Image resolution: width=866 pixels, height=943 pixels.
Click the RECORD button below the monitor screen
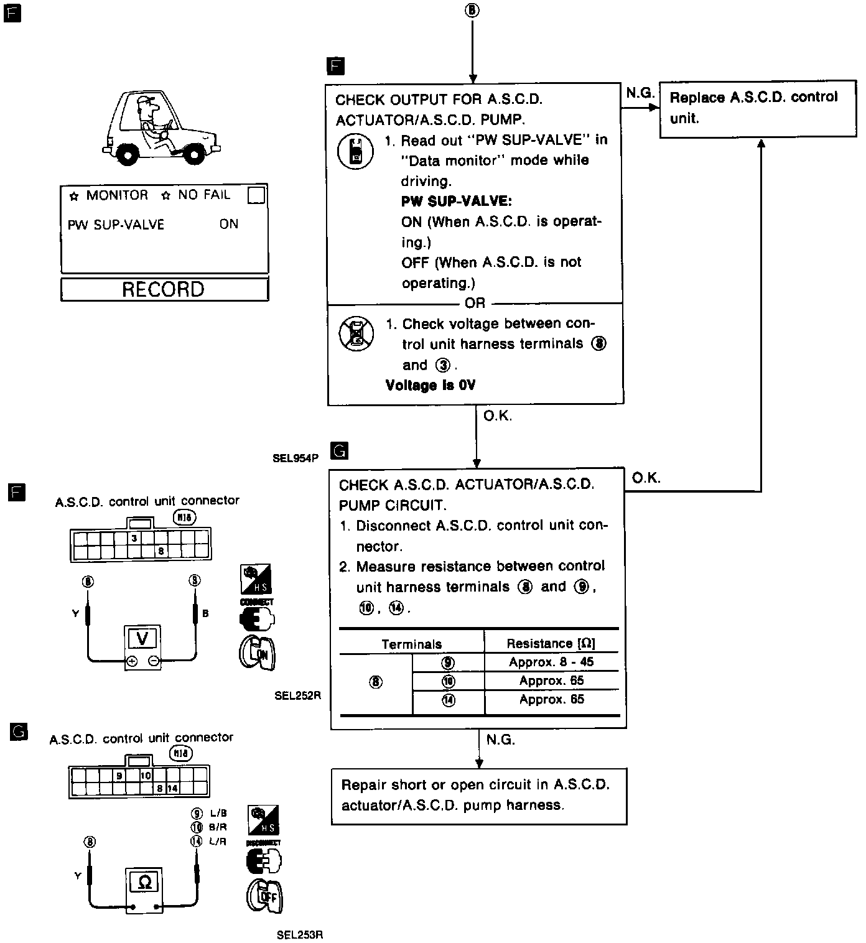pyautogui.click(x=164, y=289)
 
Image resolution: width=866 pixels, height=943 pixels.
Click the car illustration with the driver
pyautogui.click(x=162, y=127)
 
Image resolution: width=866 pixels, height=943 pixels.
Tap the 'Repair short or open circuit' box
pyautogui.click(x=478, y=796)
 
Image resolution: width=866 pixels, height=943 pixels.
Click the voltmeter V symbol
pyautogui.click(x=142, y=638)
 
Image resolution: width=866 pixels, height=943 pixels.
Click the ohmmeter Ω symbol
pyautogui.click(x=145, y=881)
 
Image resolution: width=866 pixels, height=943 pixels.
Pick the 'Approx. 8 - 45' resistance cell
pyautogui.click(x=551, y=662)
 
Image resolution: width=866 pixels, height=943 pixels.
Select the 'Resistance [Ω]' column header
pyautogui.click(x=551, y=643)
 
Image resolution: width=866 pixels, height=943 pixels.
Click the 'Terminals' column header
pyautogui.click(x=412, y=644)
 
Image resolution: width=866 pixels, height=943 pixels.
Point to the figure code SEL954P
pyautogui.click(x=296, y=458)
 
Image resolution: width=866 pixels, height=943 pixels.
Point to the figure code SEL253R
pyautogui.click(x=300, y=934)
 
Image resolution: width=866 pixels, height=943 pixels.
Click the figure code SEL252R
pyautogui.click(x=297, y=695)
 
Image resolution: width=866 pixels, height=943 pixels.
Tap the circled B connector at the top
pyautogui.click(x=473, y=10)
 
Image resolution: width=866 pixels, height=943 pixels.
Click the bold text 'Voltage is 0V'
pyautogui.click(x=431, y=386)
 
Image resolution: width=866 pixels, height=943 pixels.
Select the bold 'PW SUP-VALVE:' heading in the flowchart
pyautogui.click(x=457, y=202)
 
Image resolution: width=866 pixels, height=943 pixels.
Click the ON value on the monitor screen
pyautogui.click(x=229, y=224)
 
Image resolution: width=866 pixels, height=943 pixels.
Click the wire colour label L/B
pyautogui.click(x=218, y=813)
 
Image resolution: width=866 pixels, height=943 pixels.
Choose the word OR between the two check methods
pyautogui.click(x=475, y=304)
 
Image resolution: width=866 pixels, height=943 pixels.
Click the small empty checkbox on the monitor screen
pyautogui.click(x=256, y=195)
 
